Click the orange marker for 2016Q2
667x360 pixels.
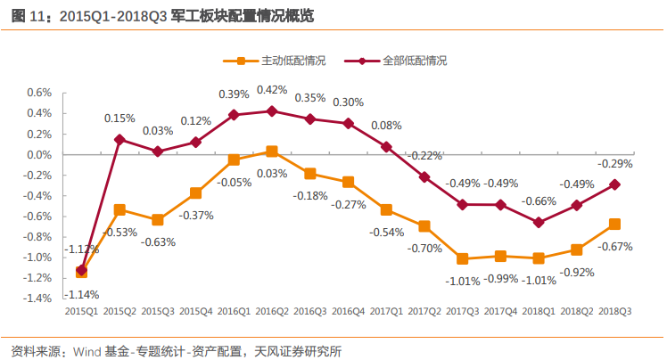point(272,151)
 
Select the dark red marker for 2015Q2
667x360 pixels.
point(119,139)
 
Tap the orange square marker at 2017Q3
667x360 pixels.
point(462,258)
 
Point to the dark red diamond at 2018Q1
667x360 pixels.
point(539,222)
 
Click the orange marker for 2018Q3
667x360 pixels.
point(614,224)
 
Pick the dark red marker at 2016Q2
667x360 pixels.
point(272,111)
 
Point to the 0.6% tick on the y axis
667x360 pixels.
point(39,93)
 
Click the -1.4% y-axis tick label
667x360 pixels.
point(37,299)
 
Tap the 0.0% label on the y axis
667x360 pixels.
point(39,154)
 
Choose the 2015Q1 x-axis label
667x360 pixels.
point(82,312)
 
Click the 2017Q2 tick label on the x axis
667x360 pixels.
point(424,312)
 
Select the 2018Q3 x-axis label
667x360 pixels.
point(614,312)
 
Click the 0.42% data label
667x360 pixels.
point(272,90)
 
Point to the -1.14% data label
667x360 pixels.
point(82,294)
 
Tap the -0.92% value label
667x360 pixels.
point(577,272)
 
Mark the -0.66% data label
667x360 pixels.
point(539,200)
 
